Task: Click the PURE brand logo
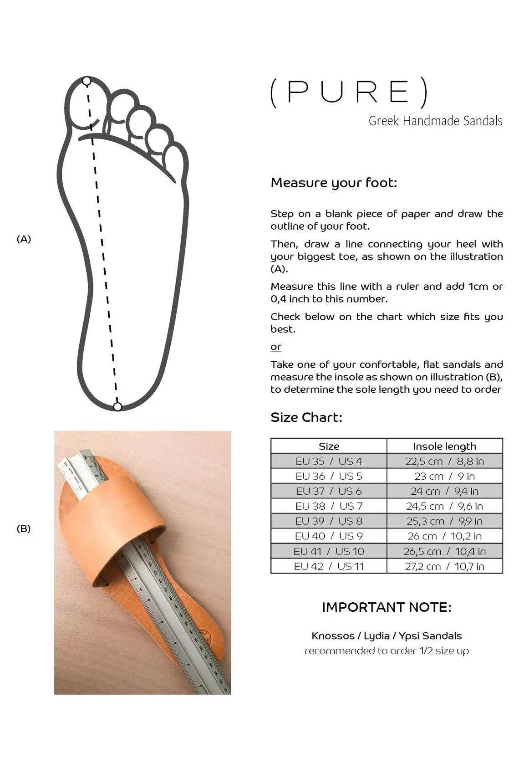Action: [x=349, y=92]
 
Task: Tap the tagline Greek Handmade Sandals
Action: [x=435, y=121]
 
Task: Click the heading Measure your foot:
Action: [x=334, y=183]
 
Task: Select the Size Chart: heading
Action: [x=306, y=417]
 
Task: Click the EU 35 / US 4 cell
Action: [x=329, y=461]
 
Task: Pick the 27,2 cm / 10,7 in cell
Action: [x=444, y=566]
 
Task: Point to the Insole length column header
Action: [x=444, y=446]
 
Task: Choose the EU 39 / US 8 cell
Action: [x=329, y=521]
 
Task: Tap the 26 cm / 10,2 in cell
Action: [x=444, y=536]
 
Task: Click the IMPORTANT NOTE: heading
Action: [x=386, y=607]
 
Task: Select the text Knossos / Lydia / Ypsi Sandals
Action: [x=386, y=636]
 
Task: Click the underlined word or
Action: [x=276, y=347]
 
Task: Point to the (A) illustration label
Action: [x=24, y=239]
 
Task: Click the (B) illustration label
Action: [x=24, y=528]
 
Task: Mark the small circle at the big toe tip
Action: [x=86, y=81]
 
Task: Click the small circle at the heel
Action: [x=117, y=406]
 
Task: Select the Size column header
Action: [x=329, y=446]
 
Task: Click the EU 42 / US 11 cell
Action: [x=329, y=566]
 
